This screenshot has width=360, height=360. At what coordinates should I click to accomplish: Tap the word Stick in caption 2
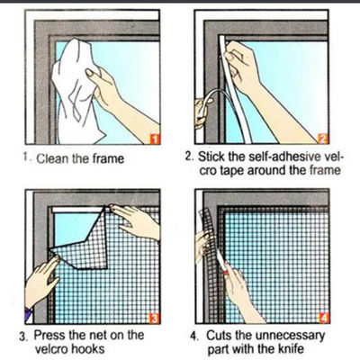(212, 156)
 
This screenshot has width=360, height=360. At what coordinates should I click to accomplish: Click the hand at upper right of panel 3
(135, 220)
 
